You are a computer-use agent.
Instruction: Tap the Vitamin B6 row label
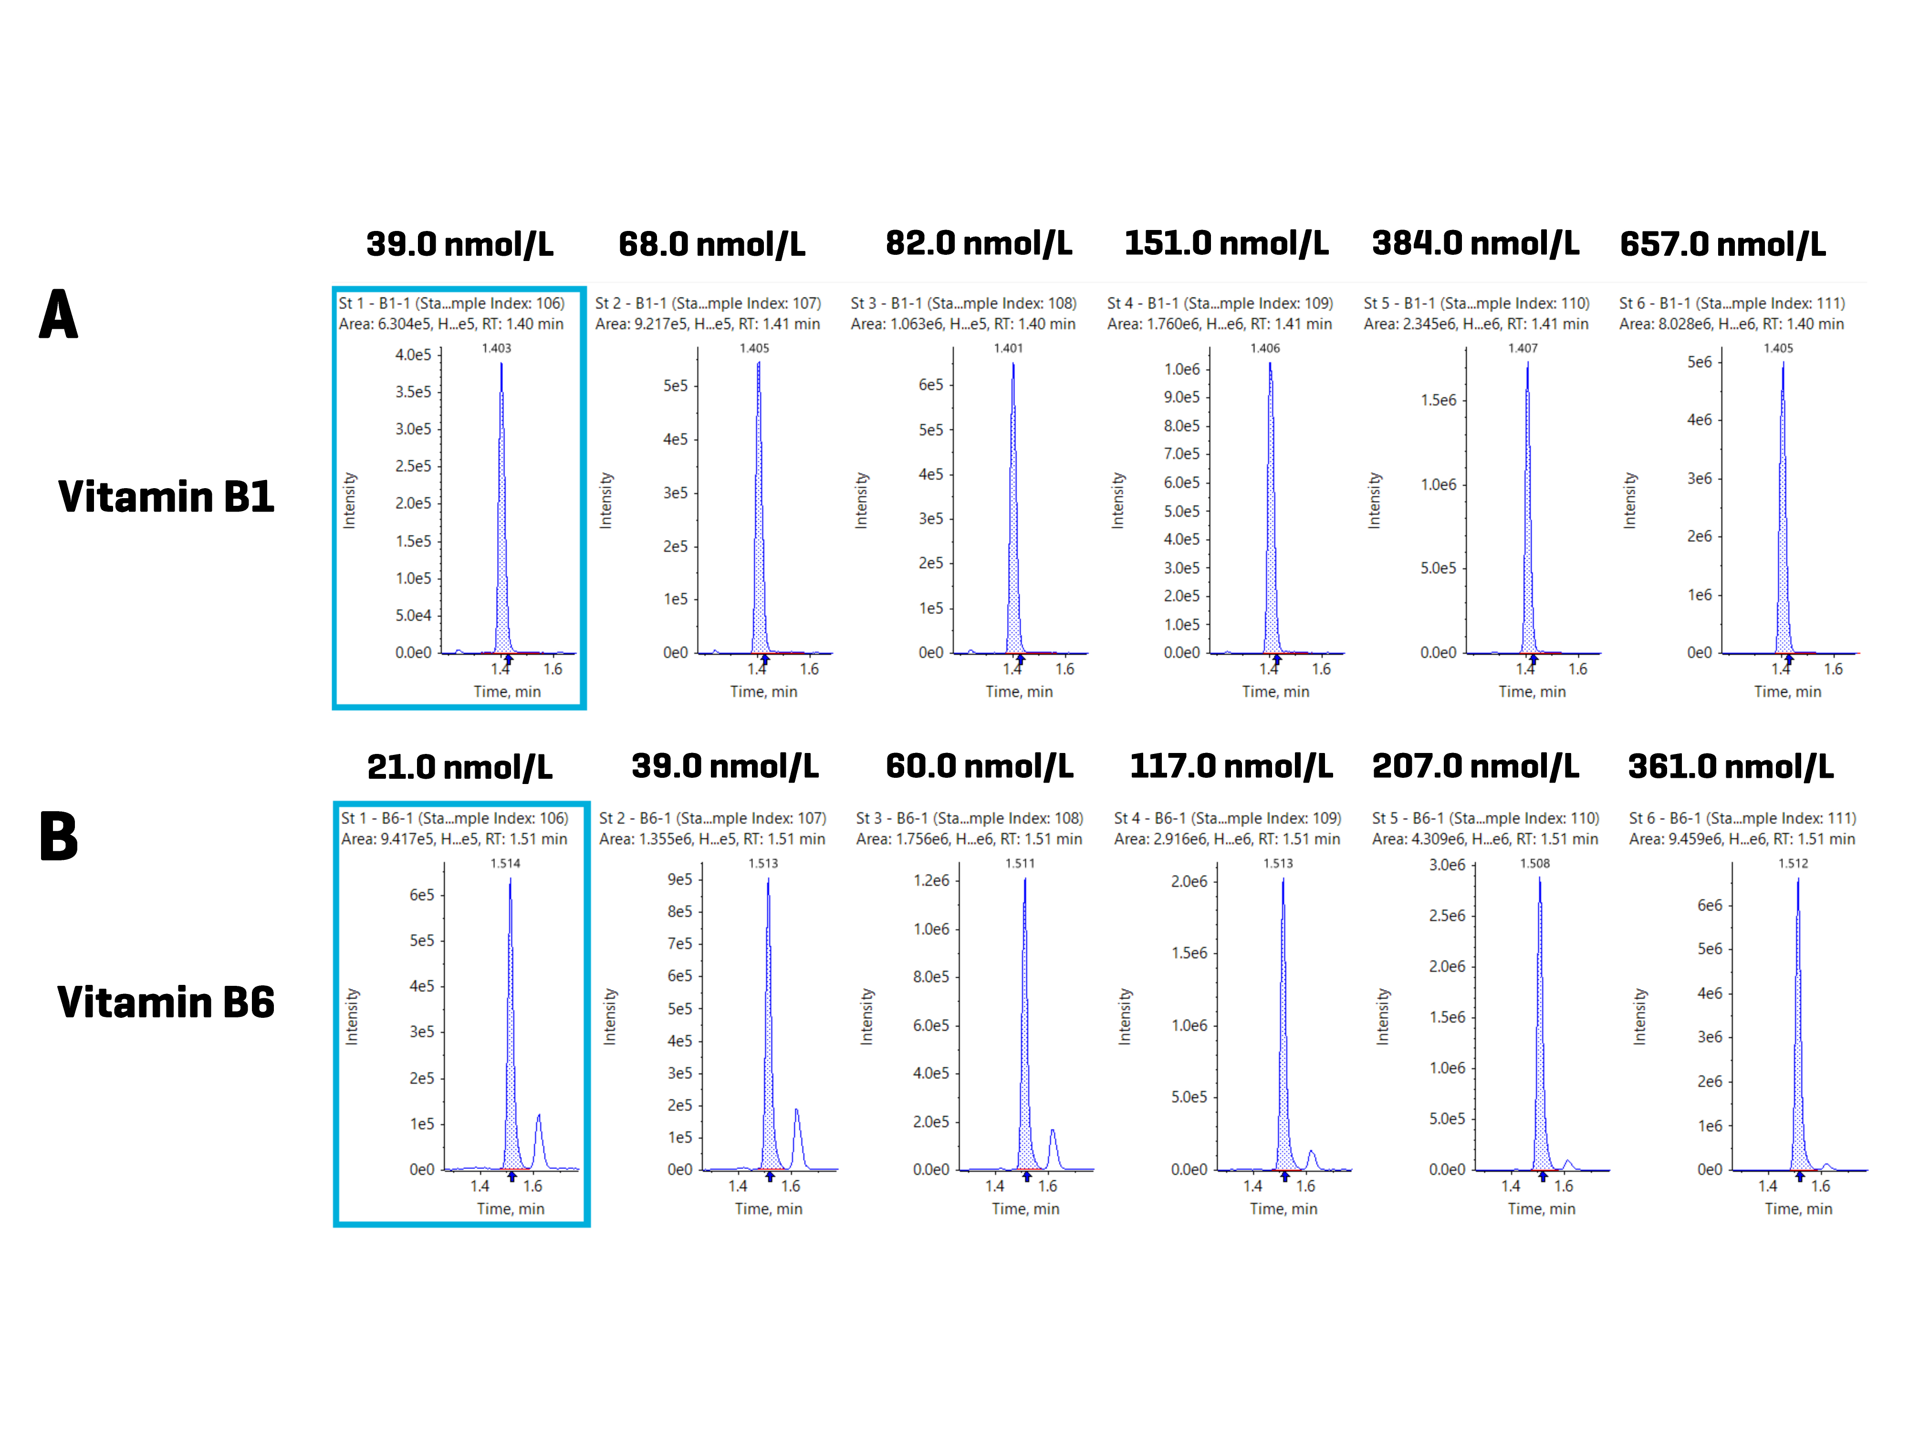click(x=166, y=1002)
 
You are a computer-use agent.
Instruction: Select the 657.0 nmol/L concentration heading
click(x=1722, y=244)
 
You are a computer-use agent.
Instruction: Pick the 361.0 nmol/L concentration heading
click(x=1731, y=766)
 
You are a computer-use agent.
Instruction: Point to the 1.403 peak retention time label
click(x=496, y=348)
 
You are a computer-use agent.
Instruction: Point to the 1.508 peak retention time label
click(x=1534, y=863)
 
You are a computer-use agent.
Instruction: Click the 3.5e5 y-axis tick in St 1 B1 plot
click(x=413, y=392)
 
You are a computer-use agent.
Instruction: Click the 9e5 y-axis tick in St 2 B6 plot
click(x=680, y=879)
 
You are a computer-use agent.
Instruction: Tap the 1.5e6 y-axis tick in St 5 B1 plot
click(x=1439, y=400)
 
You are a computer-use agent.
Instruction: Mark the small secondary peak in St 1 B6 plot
click(x=539, y=1131)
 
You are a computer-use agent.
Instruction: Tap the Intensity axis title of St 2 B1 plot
click(x=606, y=501)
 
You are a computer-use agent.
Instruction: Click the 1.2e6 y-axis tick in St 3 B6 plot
click(x=931, y=880)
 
